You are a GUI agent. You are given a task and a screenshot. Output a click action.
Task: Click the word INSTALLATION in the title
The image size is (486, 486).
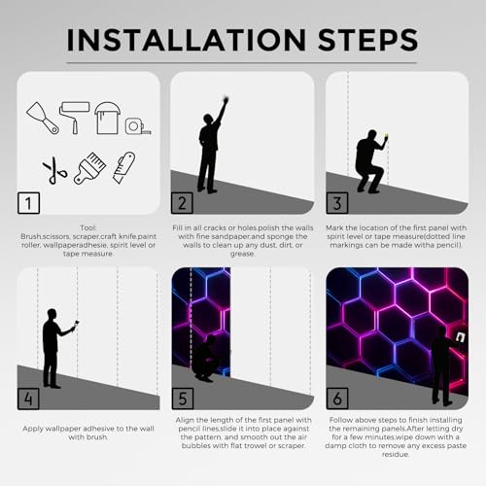(x=186, y=40)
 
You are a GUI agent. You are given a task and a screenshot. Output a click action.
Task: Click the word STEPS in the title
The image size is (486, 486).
(x=368, y=40)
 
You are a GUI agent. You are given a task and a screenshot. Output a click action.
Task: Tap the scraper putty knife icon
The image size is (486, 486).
(x=43, y=118)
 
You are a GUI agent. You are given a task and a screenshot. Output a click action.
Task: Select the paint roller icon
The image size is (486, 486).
(x=74, y=118)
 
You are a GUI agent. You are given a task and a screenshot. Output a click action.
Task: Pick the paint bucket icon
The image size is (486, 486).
(x=107, y=118)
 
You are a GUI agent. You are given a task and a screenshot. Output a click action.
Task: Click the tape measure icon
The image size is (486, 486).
(x=138, y=126)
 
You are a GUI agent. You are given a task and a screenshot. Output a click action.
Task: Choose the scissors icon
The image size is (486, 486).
(x=54, y=170)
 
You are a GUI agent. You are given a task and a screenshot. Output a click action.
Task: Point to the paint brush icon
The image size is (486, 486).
(x=89, y=168)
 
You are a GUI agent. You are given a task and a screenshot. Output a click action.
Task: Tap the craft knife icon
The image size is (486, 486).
(x=124, y=167)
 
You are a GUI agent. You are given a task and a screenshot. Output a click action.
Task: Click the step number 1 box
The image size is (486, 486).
(x=29, y=203)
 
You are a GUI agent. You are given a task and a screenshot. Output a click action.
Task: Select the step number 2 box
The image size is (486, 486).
(x=182, y=203)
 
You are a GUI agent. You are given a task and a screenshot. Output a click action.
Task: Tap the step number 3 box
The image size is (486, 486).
(x=337, y=203)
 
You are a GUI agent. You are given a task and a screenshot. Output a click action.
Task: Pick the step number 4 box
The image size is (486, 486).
(x=28, y=399)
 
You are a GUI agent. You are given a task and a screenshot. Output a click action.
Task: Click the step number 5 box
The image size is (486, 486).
(x=183, y=399)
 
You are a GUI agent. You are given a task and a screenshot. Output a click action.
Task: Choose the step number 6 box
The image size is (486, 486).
(x=337, y=399)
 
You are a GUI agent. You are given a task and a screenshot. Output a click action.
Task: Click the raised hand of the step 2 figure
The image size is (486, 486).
(x=226, y=100)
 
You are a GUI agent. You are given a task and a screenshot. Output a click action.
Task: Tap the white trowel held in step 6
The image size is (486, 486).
(x=461, y=337)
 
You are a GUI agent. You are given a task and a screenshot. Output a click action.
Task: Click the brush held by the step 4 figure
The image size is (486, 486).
(x=77, y=324)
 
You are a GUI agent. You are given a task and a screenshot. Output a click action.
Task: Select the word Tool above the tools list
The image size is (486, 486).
(x=88, y=227)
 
